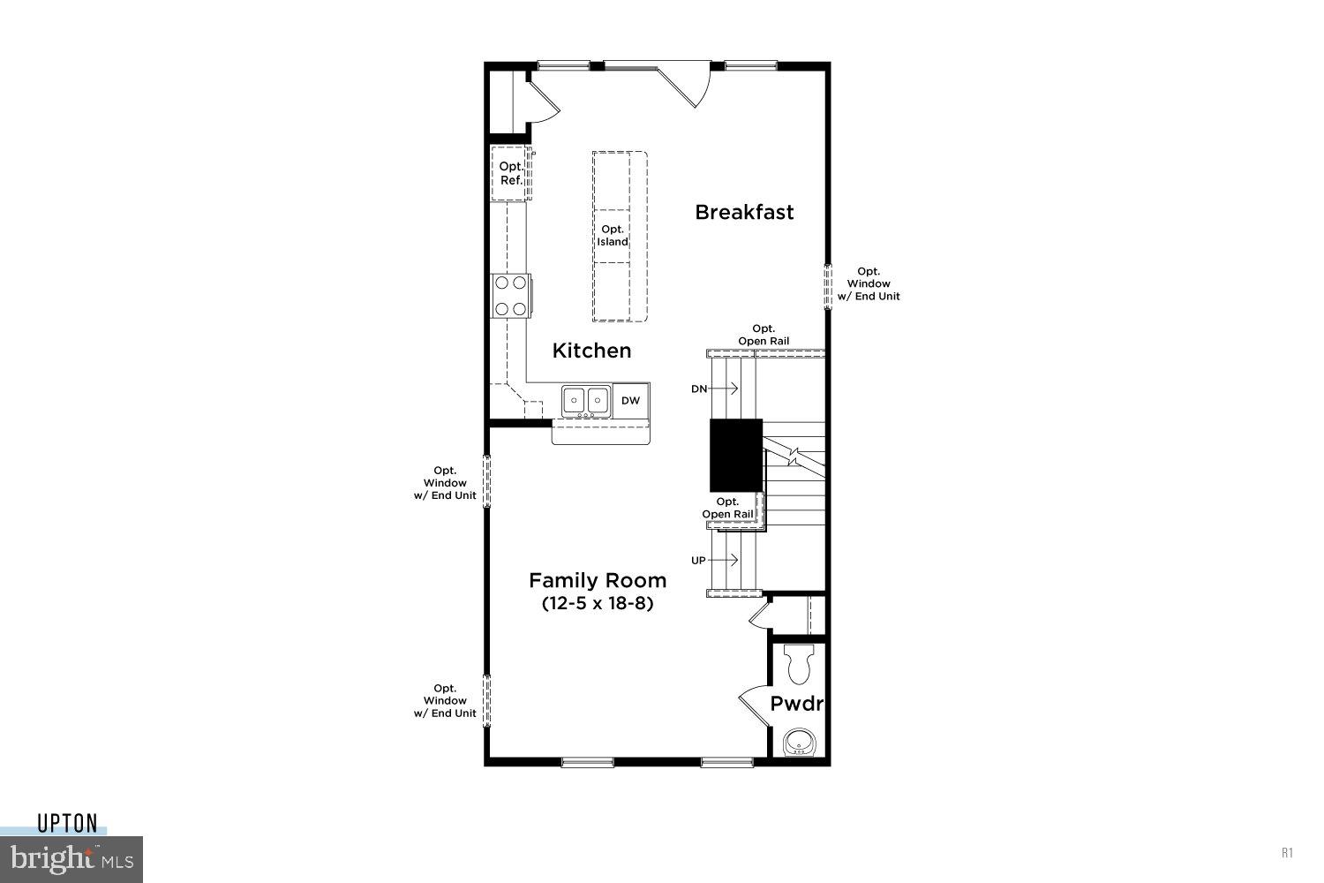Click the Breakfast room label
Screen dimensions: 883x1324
744,212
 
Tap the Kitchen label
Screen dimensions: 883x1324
591,351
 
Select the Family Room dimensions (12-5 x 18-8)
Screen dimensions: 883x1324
597,605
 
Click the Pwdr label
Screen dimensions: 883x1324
796,704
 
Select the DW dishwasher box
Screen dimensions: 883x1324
630,401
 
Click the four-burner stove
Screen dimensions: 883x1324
510,296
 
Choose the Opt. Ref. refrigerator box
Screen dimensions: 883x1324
510,173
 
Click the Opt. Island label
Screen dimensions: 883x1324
613,236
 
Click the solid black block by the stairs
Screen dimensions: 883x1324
736,455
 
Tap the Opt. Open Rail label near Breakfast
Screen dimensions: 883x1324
764,336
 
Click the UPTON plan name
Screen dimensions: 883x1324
67,824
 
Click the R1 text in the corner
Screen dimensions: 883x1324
1287,853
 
